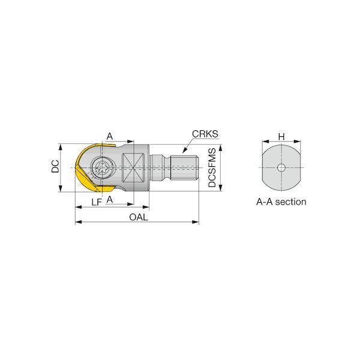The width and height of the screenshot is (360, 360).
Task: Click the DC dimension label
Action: [55, 166]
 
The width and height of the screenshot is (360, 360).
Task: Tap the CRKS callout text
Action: [205, 134]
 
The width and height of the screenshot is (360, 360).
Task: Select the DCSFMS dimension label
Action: [212, 167]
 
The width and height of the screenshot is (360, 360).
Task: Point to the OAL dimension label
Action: [139, 217]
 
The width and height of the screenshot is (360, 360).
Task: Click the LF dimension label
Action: [97, 202]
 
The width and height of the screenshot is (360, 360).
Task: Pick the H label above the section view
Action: [281, 137]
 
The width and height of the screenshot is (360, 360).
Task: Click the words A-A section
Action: [281, 202]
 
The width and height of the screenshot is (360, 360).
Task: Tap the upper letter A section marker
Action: [110, 136]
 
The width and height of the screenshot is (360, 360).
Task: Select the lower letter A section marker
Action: [110, 199]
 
